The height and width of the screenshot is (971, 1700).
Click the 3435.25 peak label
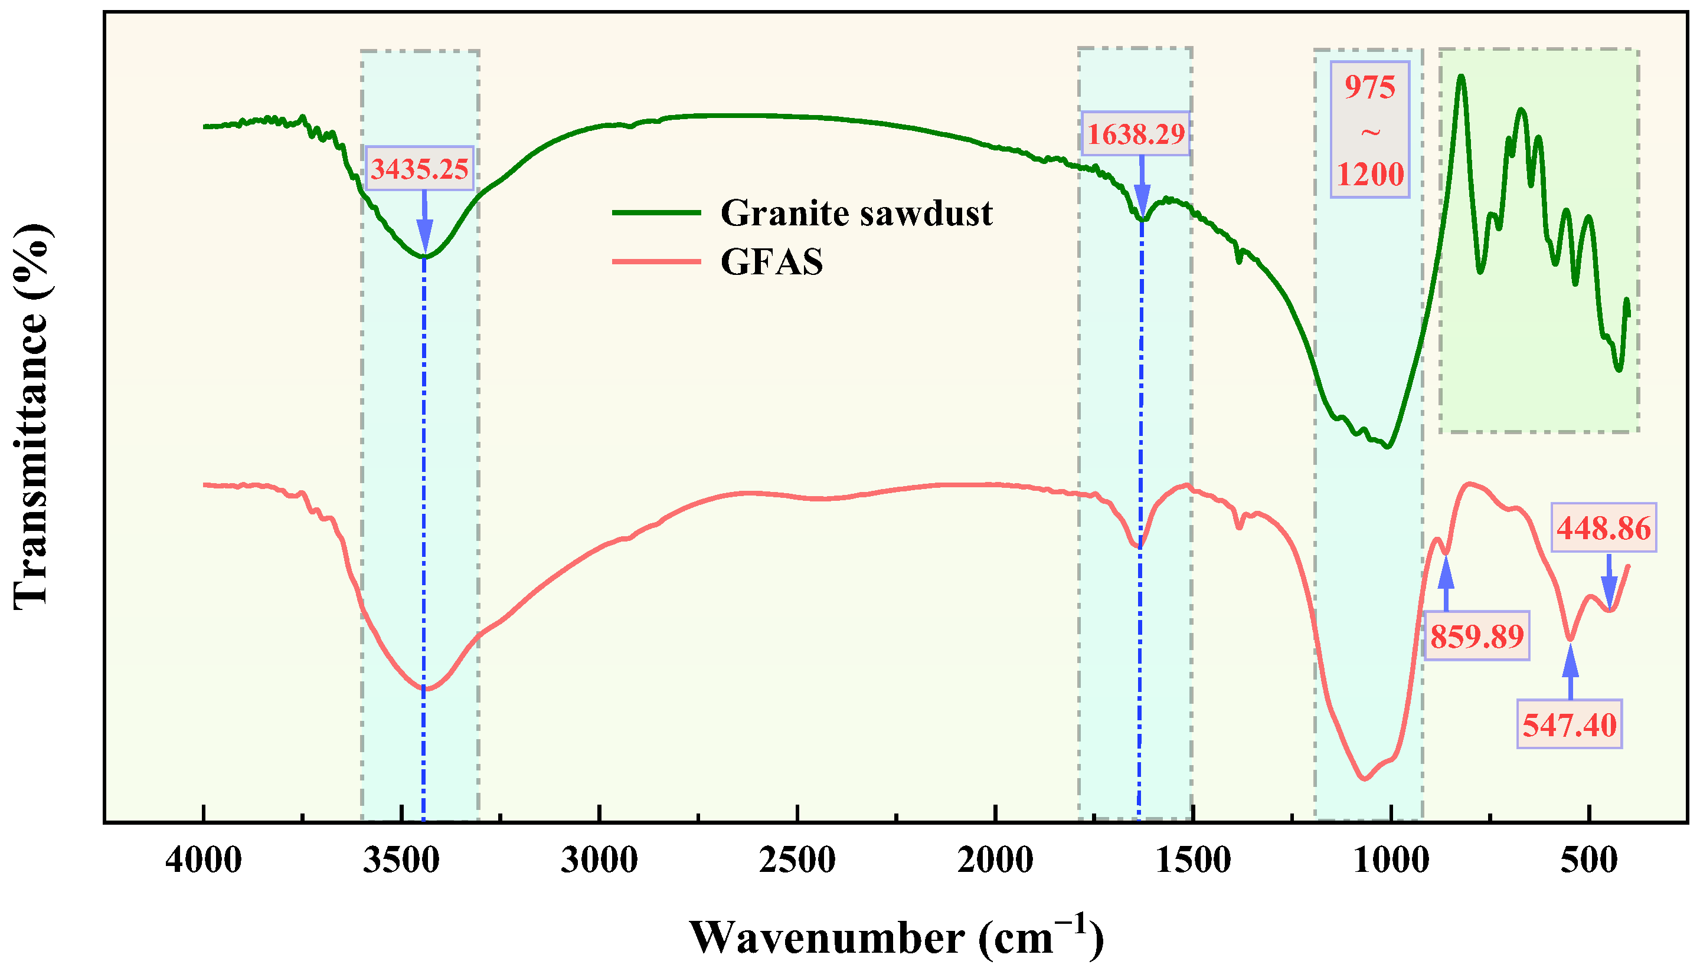(420, 169)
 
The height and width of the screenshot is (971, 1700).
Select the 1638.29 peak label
(1136, 134)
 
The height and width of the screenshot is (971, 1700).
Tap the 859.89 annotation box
(1476, 636)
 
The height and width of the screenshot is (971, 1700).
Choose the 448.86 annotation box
(1603, 528)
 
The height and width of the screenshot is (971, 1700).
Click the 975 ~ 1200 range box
(1370, 130)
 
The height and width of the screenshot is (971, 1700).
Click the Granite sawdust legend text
(856, 214)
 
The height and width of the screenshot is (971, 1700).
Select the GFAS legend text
(772, 261)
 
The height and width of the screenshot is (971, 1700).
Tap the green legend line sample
(656, 214)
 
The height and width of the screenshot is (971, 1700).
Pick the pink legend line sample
(656, 261)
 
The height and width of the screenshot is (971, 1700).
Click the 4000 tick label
(204, 860)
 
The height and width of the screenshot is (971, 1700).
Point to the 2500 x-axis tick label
(797, 860)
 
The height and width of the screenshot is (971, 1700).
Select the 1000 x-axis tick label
(1391, 860)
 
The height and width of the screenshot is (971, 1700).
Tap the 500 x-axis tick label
(1588, 860)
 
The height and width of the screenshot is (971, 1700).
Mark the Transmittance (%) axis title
(31, 417)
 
